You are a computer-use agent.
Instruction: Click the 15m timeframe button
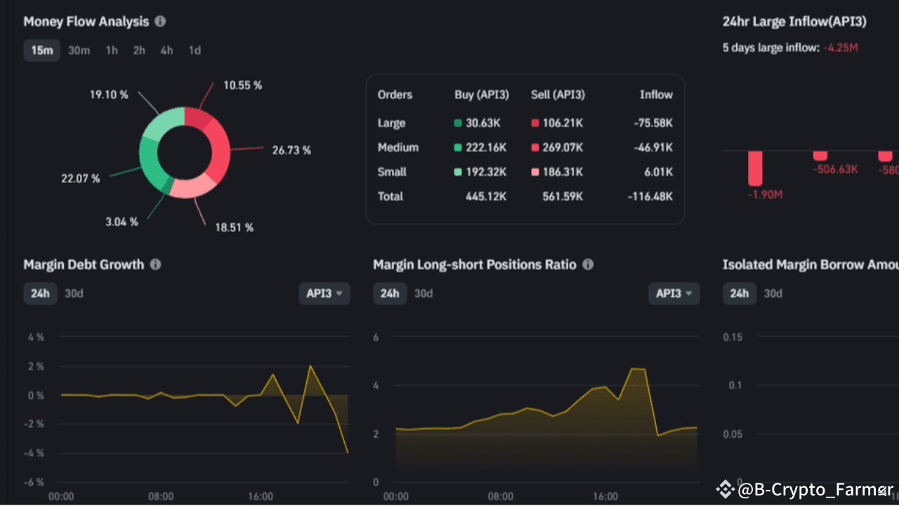point(41,51)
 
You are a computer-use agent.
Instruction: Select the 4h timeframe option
point(166,51)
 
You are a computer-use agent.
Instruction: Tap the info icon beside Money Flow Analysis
point(160,21)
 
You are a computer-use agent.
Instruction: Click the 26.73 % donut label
point(291,150)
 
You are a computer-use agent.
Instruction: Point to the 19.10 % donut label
point(109,94)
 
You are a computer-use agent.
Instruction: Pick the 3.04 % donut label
point(122,222)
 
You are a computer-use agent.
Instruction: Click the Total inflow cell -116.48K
point(650,197)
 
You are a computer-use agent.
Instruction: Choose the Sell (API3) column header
point(558,95)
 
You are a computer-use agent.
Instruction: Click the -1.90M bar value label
point(765,195)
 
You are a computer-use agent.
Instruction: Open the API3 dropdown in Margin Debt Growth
point(324,294)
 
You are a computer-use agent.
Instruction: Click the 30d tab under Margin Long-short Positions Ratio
point(424,294)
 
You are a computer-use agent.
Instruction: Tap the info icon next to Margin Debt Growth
point(155,265)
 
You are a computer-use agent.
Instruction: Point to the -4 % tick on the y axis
point(35,453)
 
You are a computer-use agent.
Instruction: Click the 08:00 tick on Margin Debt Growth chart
point(161,496)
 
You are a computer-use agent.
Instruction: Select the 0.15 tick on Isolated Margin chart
point(733,337)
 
